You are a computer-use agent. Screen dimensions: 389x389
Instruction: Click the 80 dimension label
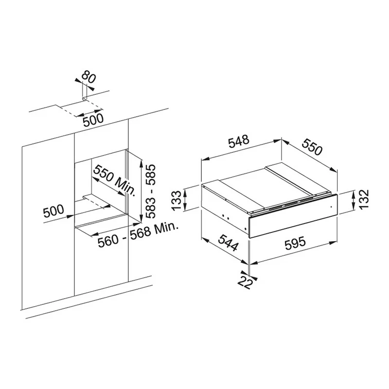88,77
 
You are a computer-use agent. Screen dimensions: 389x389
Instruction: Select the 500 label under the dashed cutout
93,120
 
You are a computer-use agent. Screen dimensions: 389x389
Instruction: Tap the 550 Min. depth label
115,180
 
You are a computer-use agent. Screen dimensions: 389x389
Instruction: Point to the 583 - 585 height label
150,191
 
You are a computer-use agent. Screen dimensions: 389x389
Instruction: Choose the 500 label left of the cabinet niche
53,211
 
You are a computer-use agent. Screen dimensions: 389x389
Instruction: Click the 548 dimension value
238,141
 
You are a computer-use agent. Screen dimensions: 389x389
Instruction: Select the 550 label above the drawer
312,147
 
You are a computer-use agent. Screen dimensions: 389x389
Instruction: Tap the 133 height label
177,200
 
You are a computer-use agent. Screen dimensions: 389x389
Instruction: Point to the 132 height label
364,199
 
